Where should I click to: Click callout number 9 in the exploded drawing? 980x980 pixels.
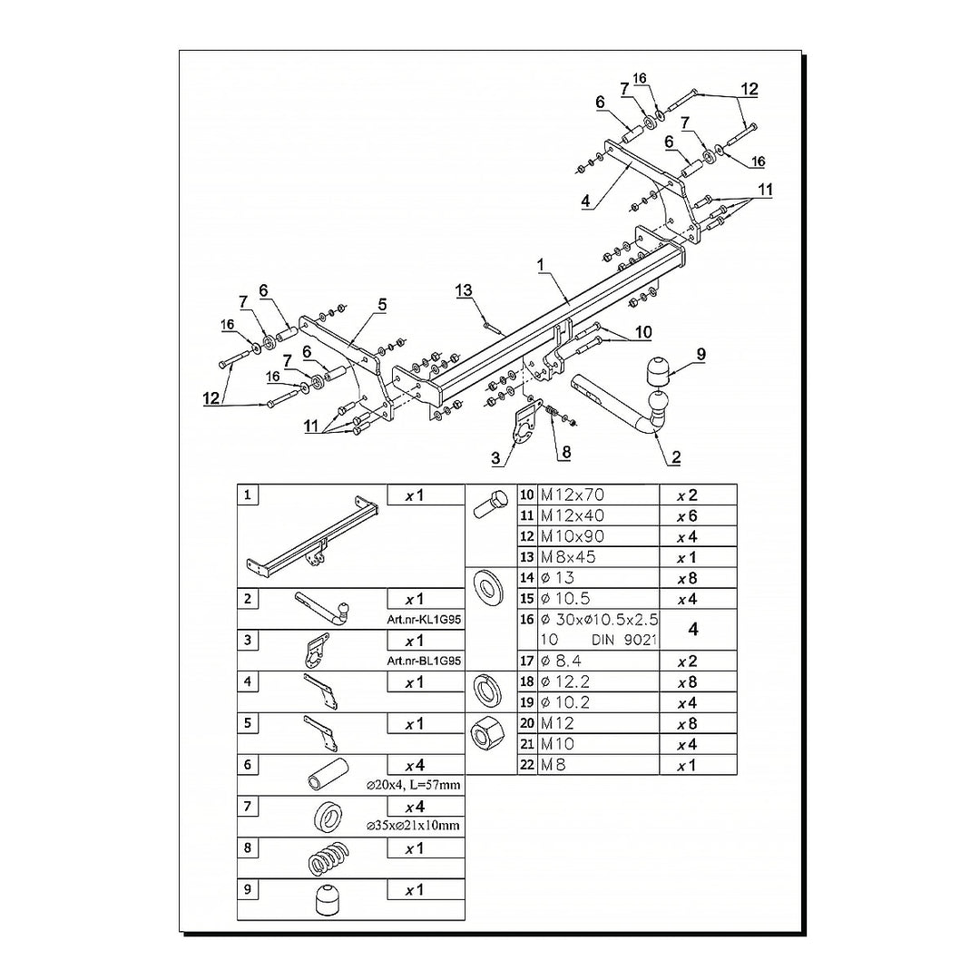701,353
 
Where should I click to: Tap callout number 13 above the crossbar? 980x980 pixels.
464,290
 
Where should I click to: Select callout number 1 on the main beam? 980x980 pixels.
540,264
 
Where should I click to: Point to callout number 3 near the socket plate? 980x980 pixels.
496,459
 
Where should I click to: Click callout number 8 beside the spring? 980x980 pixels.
565,451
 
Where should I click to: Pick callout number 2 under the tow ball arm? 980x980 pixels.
675,458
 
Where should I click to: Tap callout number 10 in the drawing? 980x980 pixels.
643,333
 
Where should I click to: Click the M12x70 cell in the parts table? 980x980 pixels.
573,495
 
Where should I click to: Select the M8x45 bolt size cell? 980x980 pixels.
569,557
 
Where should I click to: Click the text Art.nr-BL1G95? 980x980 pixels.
424,661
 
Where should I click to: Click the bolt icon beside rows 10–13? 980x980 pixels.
489,505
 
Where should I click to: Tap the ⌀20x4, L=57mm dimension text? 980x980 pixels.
413,784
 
